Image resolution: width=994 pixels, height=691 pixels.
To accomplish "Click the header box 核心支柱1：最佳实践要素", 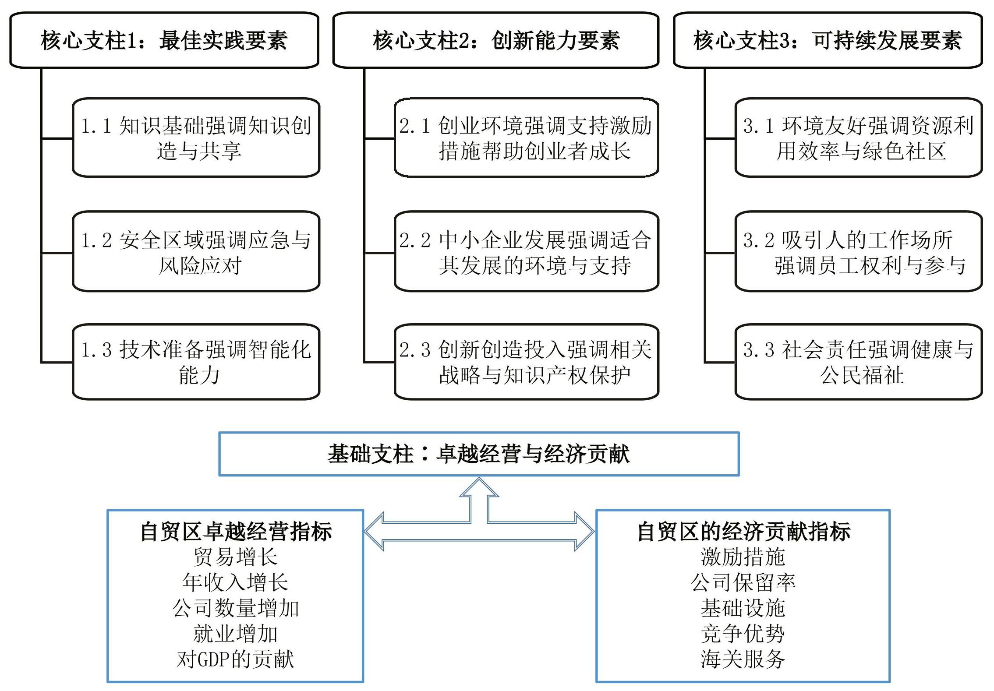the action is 164,40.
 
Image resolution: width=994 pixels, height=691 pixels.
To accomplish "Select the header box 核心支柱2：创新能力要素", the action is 496,40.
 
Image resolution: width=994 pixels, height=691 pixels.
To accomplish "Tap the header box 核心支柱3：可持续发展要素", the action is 828,40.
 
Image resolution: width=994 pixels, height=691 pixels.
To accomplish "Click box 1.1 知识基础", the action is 196,137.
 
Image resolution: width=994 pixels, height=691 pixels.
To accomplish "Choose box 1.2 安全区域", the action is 196,251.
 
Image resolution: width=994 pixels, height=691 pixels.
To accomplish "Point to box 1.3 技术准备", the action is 196,362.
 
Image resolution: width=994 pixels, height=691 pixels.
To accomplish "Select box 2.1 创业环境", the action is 527,137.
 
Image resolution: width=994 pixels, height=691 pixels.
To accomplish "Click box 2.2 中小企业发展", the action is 527,251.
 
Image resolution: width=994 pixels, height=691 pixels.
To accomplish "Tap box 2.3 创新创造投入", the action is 527,362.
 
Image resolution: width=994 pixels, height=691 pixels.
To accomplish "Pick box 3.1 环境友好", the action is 859,137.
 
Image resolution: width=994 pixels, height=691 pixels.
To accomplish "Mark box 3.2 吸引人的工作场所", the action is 859,251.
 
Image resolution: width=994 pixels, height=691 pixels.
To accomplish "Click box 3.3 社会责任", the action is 859,362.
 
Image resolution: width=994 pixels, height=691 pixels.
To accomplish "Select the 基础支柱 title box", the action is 479,454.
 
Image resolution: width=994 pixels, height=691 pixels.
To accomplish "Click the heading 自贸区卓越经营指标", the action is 236,532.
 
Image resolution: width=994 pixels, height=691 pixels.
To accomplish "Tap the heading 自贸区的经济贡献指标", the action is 743,532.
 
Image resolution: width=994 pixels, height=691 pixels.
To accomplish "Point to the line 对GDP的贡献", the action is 236,659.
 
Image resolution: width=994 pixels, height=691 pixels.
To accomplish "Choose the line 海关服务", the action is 743,659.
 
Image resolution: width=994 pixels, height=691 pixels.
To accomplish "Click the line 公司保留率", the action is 743,582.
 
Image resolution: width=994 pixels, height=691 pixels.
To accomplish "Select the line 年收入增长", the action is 236,582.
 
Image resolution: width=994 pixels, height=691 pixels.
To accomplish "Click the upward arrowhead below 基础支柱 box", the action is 479,487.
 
